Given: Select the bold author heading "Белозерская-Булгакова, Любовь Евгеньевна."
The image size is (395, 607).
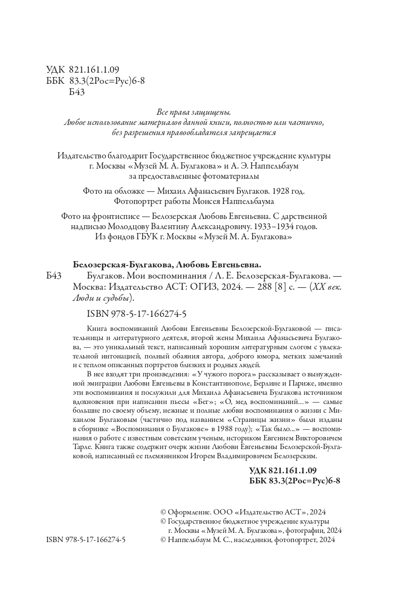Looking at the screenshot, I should pos(167,265).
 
